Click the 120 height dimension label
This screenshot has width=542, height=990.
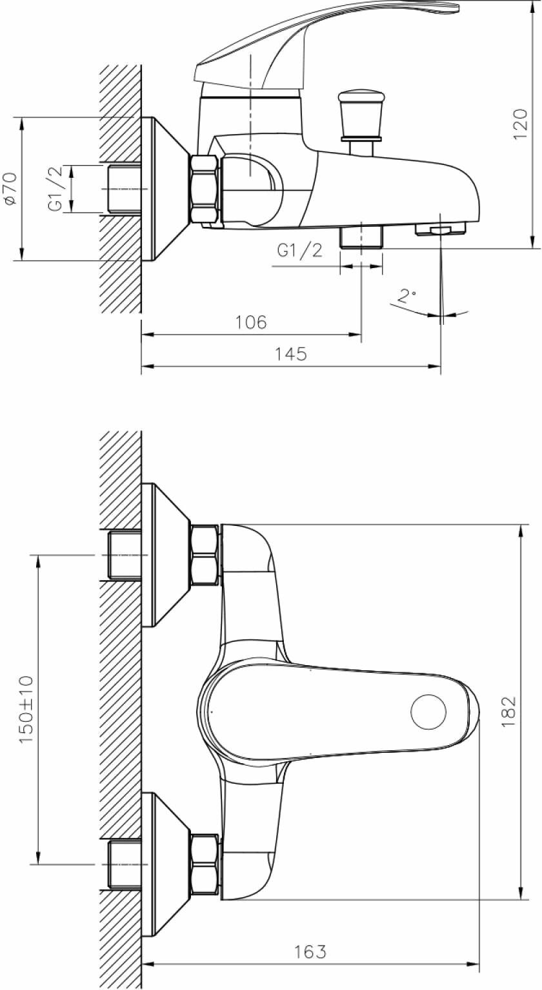click(520, 124)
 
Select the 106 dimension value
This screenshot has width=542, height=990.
click(251, 322)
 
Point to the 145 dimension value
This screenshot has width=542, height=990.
click(291, 354)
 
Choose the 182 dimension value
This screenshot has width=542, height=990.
click(509, 712)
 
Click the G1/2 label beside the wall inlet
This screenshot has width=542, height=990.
click(57, 189)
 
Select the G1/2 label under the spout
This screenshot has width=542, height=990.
click(300, 251)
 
